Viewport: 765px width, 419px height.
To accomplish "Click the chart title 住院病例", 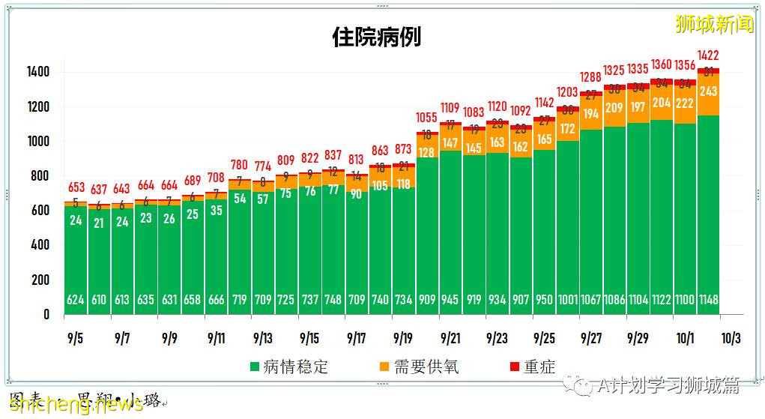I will tap(377, 37).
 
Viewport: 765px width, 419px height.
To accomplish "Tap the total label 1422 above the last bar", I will tap(709, 55).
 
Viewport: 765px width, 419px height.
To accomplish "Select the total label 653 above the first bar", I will tap(76, 187).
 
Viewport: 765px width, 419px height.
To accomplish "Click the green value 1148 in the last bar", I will tap(708, 300).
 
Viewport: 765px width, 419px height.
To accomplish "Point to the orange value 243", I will tap(708, 91).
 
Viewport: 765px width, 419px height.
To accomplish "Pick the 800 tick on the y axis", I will tap(41, 176).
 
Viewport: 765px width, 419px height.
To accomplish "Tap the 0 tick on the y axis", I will tap(46, 315).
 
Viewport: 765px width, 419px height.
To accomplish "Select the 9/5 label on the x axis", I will tap(75, 338).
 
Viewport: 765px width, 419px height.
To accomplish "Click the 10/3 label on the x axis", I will tap(731, 338).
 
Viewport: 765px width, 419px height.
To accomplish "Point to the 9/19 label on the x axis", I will tap(403, 338).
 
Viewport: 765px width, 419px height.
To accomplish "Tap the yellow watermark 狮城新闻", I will tap(714, 23).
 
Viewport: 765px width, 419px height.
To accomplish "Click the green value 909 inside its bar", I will tap(427, 300).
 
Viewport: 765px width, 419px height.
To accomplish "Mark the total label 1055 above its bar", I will tap(427, 117).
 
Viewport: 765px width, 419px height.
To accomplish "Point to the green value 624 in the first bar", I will tap(76, 300).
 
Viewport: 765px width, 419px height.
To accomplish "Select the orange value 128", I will tap(427, 153).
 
